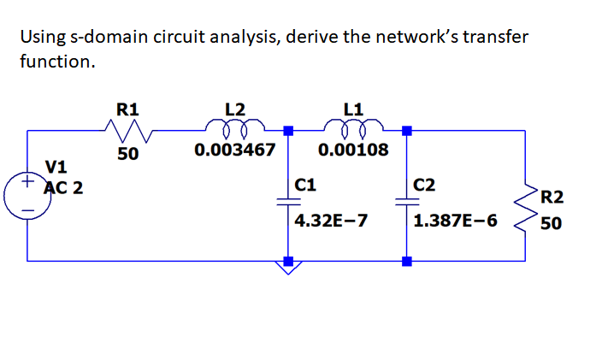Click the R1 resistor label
click(x=128, y=109)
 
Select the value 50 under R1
click(x=128, y=155)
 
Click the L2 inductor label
click(x=234, y=109)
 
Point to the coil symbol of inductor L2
click(x=234, y=129)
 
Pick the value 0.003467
click(x=235, y=151)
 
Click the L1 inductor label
click(x=353, y=109)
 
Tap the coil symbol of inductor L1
click(x=353, y=129)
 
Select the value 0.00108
click(x=353, y=151)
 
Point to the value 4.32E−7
click(x=331, y=221)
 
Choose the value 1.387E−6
click(x=454, y=221)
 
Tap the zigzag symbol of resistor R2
click(x=523, y=211)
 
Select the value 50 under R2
click(x=552, y=224)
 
